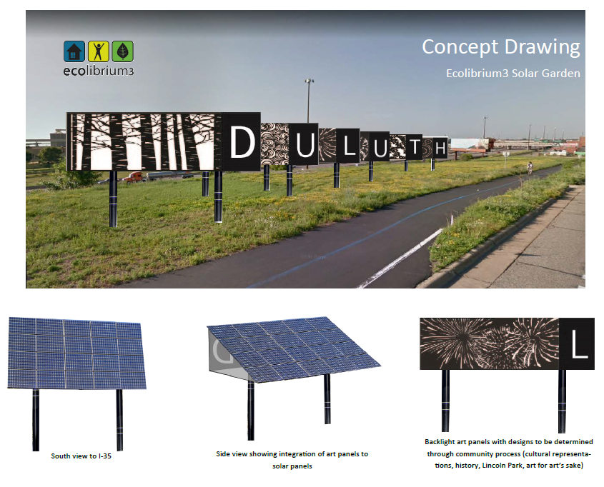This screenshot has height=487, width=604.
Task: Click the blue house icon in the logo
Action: pos(74,51)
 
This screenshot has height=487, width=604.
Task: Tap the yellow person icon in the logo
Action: pos(98,51)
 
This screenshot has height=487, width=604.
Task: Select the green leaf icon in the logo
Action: pos(122,51)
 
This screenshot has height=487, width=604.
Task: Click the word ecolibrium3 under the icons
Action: pos(98,71)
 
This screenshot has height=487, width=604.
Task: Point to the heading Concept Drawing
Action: pos(501,47)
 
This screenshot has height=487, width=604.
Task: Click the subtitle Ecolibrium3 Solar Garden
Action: pos(513,73)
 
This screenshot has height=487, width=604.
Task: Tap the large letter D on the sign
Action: pos(242,142)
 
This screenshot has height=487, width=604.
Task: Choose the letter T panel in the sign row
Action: pos(415,147)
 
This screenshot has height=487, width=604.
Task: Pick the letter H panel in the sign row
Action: pos(440,148)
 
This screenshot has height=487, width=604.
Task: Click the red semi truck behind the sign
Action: pos(133,177)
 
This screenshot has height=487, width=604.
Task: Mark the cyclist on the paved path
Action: pos(530,168)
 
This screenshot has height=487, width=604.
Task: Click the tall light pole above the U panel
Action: pos(309,101)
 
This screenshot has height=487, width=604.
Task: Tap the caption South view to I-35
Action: pos(81,456)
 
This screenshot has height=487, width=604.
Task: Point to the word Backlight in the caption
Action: pos(440,441)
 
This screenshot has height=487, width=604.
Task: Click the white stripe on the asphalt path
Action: pos(401,258)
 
